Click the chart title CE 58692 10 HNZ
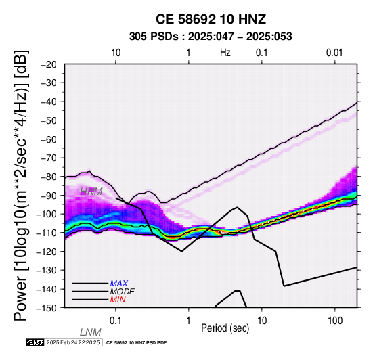[211, 19]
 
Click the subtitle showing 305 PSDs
[211, 37]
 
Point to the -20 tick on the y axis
[49, 64]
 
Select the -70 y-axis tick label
[49, 158]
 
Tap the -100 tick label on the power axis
[47, 214]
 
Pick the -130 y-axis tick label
[47, 270]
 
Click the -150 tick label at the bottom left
[47, 308]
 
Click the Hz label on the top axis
[225, 53]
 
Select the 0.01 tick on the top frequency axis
[334, 53]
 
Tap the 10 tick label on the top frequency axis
[116, 53]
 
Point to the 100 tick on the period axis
[335, 321]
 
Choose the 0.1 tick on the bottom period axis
[116, 321]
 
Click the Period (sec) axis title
[225, 328]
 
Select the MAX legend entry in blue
[119, 284]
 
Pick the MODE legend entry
[123, 292]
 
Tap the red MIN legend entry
[118, 300]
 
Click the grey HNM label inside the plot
[91, 192]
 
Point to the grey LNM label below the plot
[91, 332]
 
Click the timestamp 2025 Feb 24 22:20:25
[73, 342]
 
